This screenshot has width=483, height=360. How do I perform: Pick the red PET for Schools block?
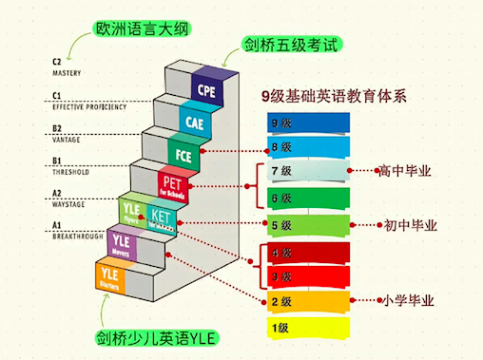pyautogui.click(x=174, y=183)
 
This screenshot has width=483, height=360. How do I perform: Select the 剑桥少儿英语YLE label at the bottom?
pyautogui.click(x=156, y=338)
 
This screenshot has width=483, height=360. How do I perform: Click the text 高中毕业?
pyautogui.click(x=405, y=172)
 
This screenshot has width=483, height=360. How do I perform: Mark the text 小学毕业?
pyautogui.click(x=409, y=301)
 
